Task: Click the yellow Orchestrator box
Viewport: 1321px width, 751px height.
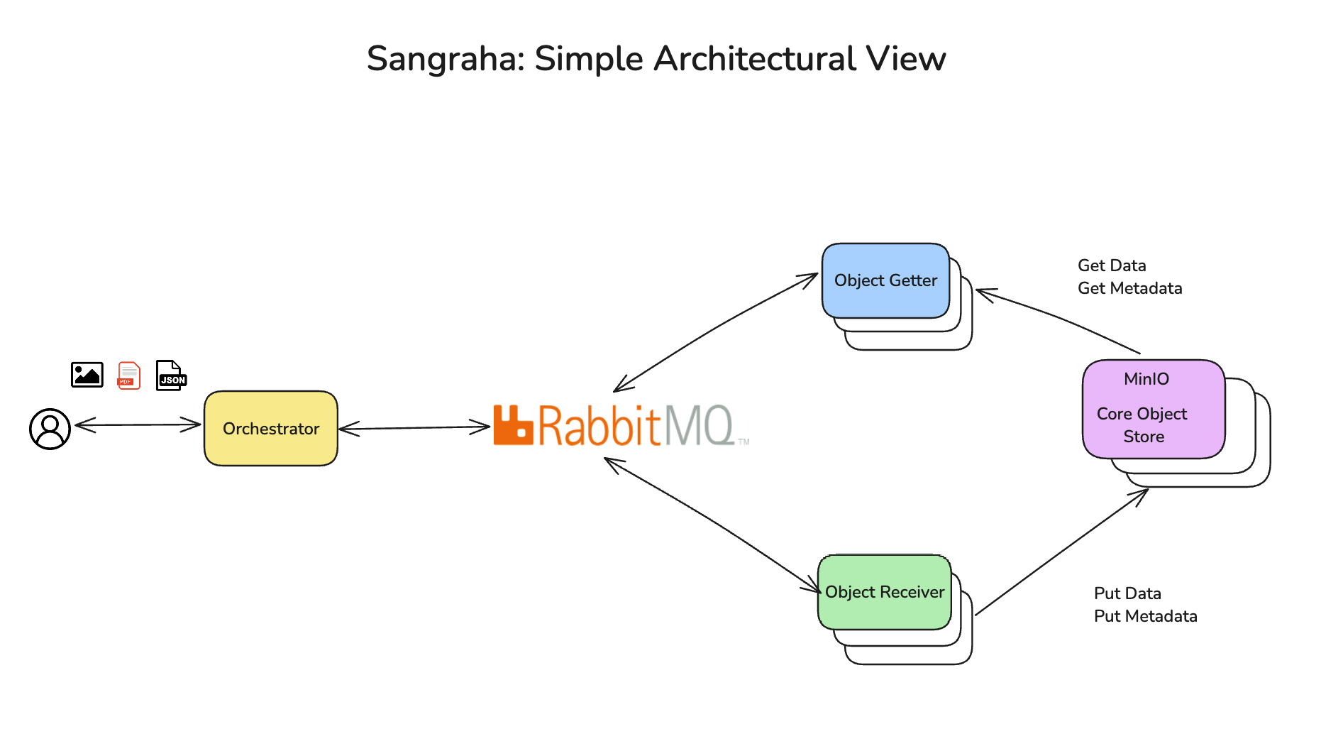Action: pyautogui.click(x=270, y=428)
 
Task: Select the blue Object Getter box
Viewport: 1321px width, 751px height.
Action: pyautogui.click(x=885, y=280)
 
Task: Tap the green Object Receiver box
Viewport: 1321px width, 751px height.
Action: pyautogui.click(x=884, y=592)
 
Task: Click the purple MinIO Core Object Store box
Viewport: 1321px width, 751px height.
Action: pyautogui.click(x=1153, y=409)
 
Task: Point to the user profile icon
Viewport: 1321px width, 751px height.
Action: pyautogui.click(x=50, y=429)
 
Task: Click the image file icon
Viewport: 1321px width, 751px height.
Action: pyautogui.click(x=87, y=375)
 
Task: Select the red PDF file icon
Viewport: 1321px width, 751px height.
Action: pyautogui.click(x=129, y=375)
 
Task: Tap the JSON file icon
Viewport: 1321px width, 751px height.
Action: pyautogui.click(x=171, y=375)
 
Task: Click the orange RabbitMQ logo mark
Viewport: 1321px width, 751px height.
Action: pyautogui.click(x=512, y=425)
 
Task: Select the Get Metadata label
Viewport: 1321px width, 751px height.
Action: pyautogui.click(x=1129, y=288)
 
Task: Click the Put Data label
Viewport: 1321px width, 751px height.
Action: pyautogui.click(x=1127, y=593)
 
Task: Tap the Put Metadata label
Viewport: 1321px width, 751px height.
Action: pyautogui.click(x=1145, y=616)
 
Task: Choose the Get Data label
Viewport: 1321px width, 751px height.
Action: pyautogui.click(x=1112, y=265)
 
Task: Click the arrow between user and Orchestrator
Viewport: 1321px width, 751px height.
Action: pyautogui.click(x=138, y=424)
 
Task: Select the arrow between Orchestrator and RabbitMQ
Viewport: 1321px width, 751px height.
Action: pyautogui.click(x=414, y=427)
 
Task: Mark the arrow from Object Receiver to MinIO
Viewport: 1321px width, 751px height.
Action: pyautogui.click(x=1061, y=552)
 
